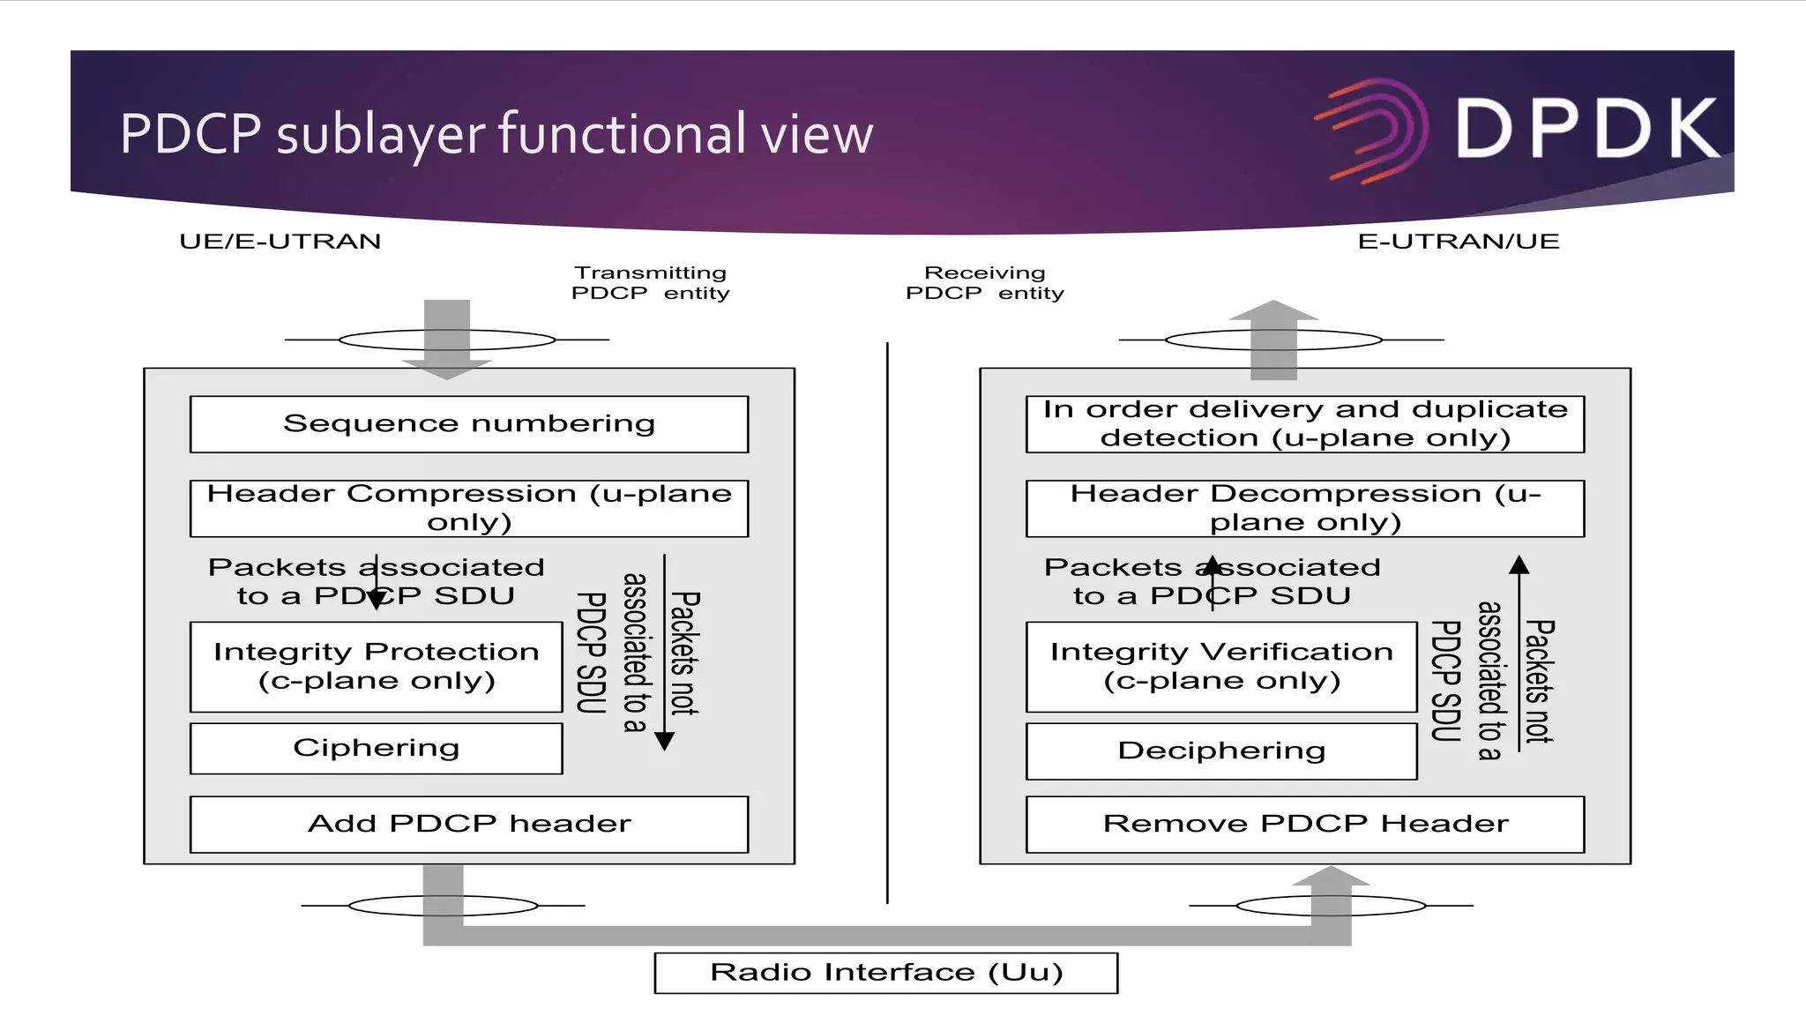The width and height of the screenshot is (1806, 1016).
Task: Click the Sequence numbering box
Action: (x=468, y=424)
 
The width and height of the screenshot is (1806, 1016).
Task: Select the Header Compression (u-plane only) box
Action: (x=468, y=508)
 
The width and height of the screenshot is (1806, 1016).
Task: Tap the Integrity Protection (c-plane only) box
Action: (x=376, y=667)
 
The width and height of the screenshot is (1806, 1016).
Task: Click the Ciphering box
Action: (x=376, y=749)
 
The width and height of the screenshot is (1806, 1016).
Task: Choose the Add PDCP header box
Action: (x=468, y=825)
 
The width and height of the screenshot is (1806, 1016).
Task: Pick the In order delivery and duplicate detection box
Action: (x=1304, y=424)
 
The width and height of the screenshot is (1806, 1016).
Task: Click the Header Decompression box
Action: (x=1304, y=508)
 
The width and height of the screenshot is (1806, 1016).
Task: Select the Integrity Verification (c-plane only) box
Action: (x=1220, y=667)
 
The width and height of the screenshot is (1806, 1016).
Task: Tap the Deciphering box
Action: (x=1220, y=751)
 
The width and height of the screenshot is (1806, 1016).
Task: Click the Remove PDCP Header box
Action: (x=1304, y=825)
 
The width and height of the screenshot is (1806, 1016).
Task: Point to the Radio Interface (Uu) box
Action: (x=885, y=973)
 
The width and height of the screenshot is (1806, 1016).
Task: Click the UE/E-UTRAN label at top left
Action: (x=280, y=242)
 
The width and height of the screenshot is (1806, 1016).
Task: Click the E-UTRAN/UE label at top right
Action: (x=1458, y=242)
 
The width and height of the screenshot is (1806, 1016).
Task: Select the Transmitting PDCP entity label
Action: (x=650, y=283)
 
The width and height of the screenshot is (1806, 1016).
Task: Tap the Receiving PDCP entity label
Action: (x=984, y=283)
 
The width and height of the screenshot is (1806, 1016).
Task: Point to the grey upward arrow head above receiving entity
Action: (x=1273, y=310)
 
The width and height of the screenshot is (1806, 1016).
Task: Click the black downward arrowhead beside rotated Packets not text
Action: (x=665, y=741)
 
